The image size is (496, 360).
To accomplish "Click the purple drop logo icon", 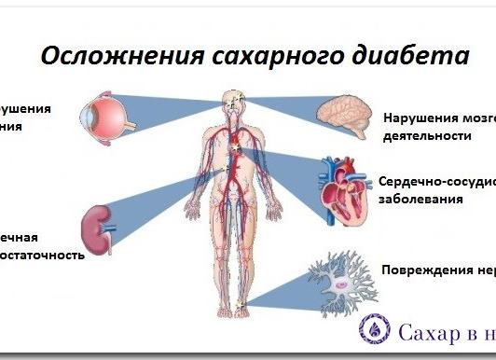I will click(x=373, y=328).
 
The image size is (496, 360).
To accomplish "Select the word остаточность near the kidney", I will click(x=41, y=254).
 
